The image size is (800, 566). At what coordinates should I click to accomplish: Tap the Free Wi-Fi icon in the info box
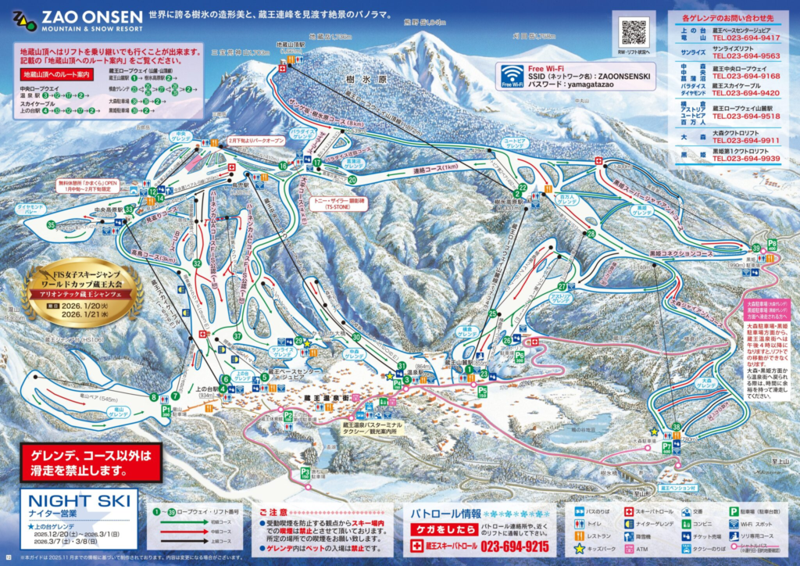point(512,76)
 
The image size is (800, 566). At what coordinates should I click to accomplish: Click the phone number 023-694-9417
point(745,38)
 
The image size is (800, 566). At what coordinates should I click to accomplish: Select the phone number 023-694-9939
point(745,159)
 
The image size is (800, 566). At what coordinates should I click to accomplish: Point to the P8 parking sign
point(772,244)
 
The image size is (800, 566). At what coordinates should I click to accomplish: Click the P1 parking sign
point(166,408)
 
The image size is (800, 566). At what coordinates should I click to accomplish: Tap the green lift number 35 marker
point(51,225)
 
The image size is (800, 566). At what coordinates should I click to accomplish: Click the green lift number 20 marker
point(352,179)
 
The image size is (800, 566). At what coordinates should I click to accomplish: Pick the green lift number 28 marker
point(591,234)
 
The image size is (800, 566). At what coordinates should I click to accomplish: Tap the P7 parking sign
point(666,447)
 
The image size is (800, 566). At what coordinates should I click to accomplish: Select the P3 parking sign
point(305,472)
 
